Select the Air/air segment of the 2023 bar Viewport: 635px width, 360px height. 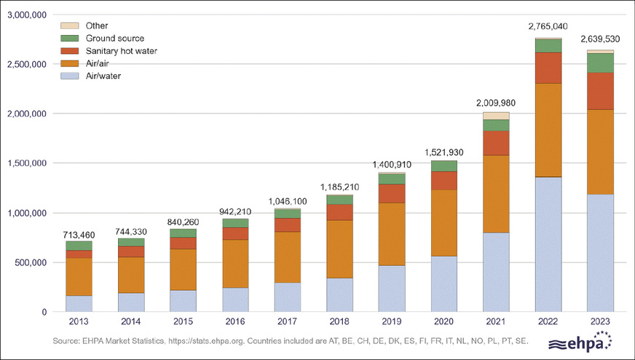click(x=600, y=152)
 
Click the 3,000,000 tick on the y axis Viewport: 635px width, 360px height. click(x=27, y=15)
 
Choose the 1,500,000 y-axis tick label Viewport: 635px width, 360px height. click(x=27, y=163)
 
